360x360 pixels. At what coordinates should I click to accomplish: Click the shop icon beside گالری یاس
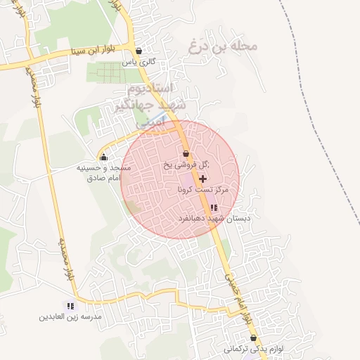tap(139, 51)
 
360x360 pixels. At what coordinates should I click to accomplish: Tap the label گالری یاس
tap(138, 63)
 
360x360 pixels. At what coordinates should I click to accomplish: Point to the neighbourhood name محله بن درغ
tap(224, 46)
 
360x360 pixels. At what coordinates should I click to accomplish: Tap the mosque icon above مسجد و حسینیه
tap(104, 157)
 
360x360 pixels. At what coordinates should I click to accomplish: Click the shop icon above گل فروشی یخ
tap(186, 153)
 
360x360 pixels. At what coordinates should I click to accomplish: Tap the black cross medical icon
tap(203, 179)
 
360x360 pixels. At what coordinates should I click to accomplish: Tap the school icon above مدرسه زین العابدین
tap(70, 306)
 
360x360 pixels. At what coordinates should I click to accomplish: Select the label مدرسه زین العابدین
tap(70, 318)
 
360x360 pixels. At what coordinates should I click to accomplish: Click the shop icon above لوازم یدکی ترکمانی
tap(253, 337)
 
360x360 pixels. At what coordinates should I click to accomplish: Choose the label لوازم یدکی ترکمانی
tap(253, 349)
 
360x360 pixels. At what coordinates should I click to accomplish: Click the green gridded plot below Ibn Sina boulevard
tap(109, 72)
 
